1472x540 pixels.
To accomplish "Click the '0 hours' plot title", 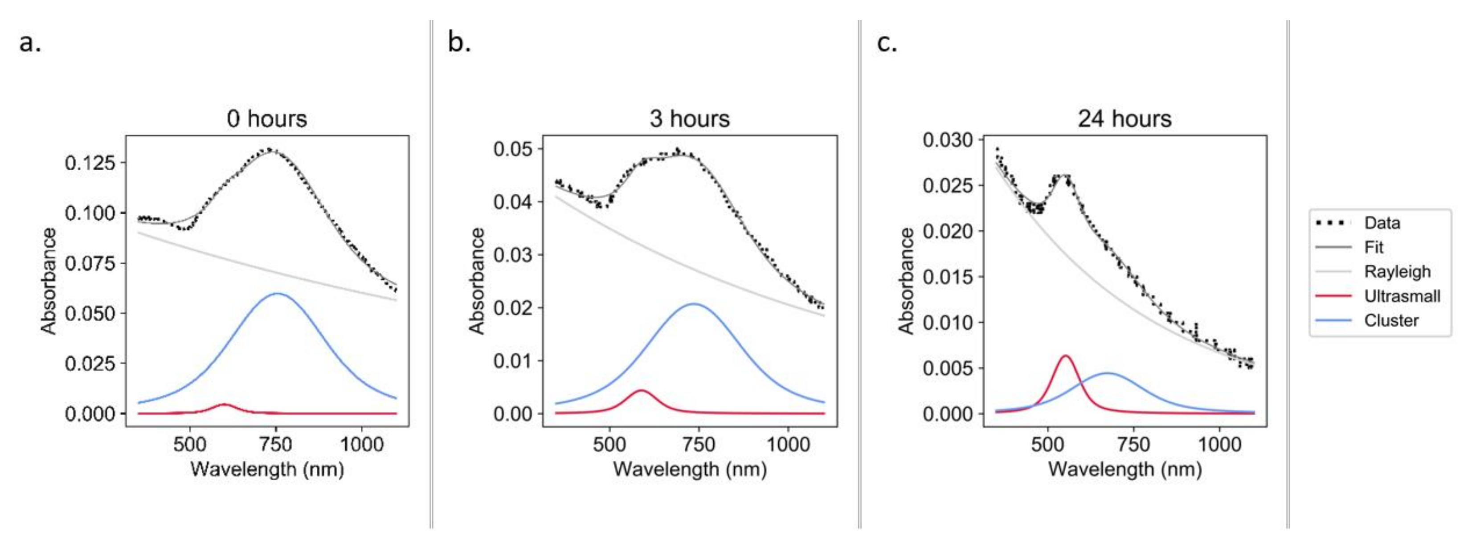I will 267,119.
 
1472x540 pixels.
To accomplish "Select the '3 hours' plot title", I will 689,119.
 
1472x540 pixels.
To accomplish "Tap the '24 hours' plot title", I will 1124,119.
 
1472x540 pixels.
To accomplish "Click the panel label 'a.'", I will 30,42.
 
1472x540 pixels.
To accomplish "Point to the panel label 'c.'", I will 887,42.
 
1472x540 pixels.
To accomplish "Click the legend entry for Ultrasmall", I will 1402,296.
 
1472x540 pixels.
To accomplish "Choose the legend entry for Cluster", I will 1391,321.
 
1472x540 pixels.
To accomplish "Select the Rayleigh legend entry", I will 1397,271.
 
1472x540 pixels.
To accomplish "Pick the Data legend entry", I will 1382,223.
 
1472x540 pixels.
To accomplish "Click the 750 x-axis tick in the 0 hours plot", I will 276,444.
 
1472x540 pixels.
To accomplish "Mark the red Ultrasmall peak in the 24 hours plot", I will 1065,356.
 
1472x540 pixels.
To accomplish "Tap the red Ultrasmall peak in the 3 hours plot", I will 641,391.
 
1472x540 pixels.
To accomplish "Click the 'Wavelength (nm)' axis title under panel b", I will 689,469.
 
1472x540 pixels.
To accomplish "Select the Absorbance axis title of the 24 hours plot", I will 906,280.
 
